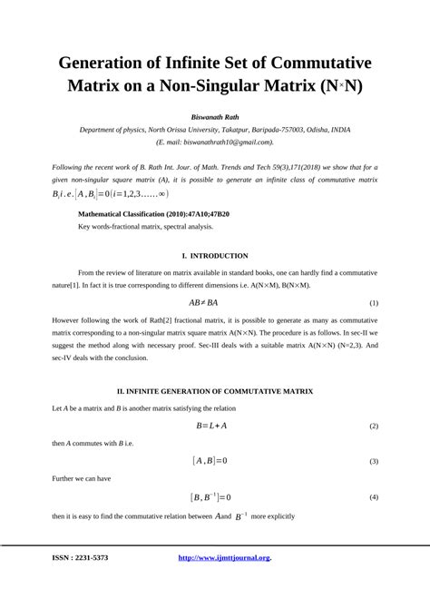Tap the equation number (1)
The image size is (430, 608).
373,302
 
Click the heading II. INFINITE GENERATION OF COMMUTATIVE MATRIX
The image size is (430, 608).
215,391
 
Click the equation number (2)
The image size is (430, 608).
373,426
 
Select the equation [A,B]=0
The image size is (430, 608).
210,461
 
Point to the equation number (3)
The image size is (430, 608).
373,461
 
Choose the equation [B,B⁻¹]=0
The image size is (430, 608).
211,497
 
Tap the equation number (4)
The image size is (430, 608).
373,497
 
